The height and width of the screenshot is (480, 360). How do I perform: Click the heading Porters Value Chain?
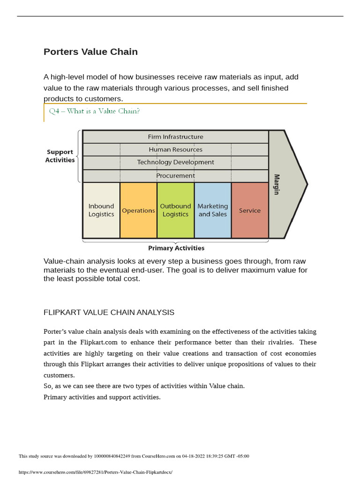point(90,52)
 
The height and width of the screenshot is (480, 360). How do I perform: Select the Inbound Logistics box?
point(101,210)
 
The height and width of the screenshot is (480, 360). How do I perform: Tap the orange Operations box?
point(138,210)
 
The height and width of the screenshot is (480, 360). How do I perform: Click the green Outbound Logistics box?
point(175,210)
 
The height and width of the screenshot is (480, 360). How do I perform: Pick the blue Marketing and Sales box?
point(212,210)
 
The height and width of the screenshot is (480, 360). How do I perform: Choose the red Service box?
point(250,210)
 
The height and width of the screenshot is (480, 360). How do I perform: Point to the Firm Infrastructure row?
point(175,137)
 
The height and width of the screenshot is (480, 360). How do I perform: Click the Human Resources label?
point(175,150)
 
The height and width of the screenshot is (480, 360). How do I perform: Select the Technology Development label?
point(175,162)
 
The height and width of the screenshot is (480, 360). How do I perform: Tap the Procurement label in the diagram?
point(175,176)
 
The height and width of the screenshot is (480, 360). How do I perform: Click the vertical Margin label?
point(277,184)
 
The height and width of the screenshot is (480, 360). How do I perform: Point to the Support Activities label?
point(60,156)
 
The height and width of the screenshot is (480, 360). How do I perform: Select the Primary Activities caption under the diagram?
point(176,248)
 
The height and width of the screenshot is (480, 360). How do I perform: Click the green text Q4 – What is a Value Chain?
point(95,111)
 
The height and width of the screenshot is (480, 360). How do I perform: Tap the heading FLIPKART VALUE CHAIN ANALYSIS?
point(109,312)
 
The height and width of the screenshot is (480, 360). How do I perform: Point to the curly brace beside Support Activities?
point(78,156)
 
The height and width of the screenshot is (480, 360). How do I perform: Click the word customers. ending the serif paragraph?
point(59,375)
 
